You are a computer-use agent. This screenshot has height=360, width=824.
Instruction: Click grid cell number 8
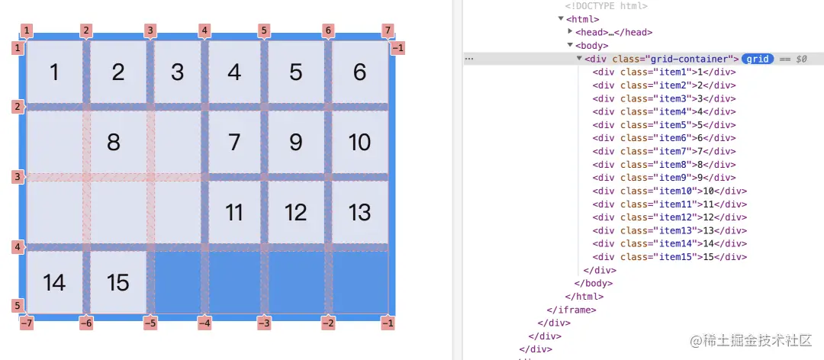coord(114,142)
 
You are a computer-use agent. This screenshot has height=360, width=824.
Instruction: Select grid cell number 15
coord(118,282)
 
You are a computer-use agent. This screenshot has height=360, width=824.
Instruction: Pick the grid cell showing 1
coord(54,72)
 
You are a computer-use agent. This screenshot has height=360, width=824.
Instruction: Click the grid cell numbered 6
coord(359,72)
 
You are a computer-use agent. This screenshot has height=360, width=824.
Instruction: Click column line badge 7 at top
coord(388,31)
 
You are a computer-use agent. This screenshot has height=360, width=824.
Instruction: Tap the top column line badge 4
coord(204,31)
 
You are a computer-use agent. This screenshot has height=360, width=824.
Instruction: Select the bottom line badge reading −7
coord(27,323)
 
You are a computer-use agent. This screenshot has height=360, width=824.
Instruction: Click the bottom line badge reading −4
coord(204,323)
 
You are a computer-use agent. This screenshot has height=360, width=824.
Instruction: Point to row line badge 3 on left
coord(18,177)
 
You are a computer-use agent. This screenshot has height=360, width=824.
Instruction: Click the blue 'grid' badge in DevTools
coord(758,59)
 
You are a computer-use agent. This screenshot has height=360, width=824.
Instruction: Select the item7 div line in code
coord(664,151)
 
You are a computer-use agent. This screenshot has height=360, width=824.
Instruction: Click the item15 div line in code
coord(669,257)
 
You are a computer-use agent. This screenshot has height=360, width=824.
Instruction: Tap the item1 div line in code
coord(664,72)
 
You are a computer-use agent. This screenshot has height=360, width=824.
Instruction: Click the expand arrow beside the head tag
coord(571,32)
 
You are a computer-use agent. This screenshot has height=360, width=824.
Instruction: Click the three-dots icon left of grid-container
coord(469,59)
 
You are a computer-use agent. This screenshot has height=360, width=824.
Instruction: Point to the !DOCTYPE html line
coord(606,6)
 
